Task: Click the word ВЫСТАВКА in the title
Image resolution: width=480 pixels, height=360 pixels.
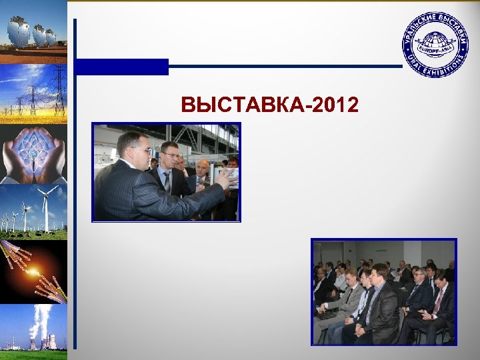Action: pyautogui.click(x=240, y=105)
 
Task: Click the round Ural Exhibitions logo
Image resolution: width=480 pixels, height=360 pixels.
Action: pyautogui.click(x=435, y=45)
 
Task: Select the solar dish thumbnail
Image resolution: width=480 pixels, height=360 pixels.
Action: pyautogui.click(x=33, y=32)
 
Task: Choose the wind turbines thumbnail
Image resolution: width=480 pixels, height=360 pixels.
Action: pyautogui.click(x=33, y=212)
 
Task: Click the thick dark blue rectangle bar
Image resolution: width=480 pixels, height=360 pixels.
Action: pyautogui.click(x=121, y=67)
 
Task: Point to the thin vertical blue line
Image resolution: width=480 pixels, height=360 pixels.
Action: pyautogui.click(x=75, y=200)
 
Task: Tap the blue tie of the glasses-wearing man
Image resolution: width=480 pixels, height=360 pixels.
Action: pyautogui.click(x=167, y=180)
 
